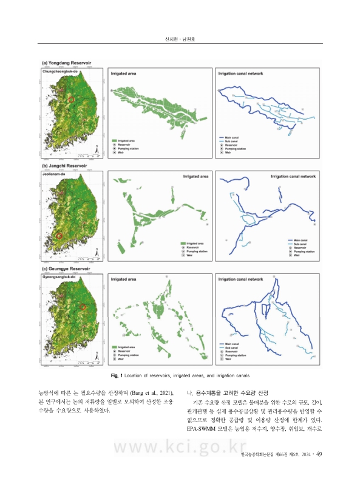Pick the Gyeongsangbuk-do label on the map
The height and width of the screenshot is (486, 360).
[x=57, y=276]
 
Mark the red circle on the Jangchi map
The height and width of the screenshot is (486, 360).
[x=59, y=236]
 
